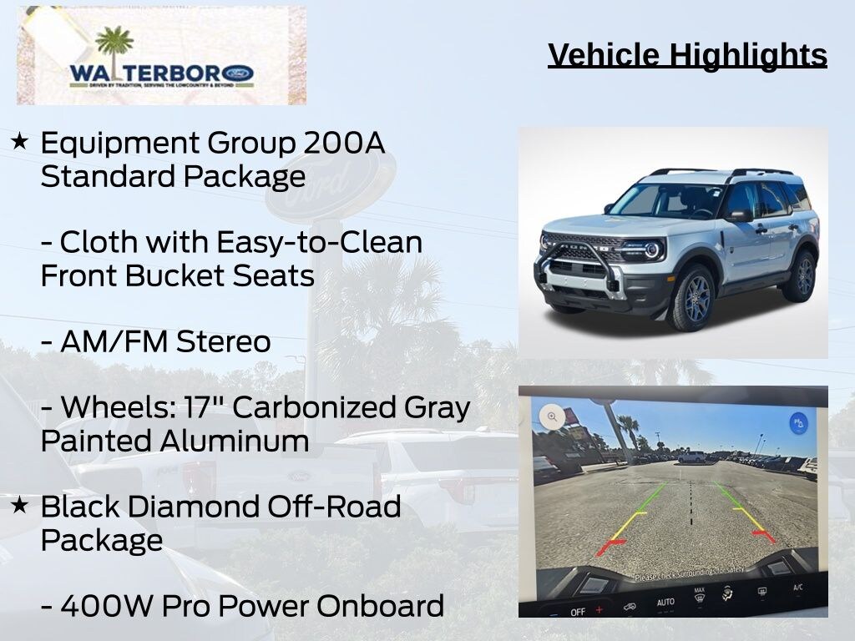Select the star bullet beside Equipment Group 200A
click(20, 142)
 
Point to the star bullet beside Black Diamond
click(20, 505)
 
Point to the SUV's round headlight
click(650, 249)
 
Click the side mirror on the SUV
click(738, 215)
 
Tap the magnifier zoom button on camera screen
click(552, 416)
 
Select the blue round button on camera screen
click(799, 422)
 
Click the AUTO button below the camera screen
click(665, 602)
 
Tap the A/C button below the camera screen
click(797, 588)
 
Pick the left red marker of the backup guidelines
click(612, 547)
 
